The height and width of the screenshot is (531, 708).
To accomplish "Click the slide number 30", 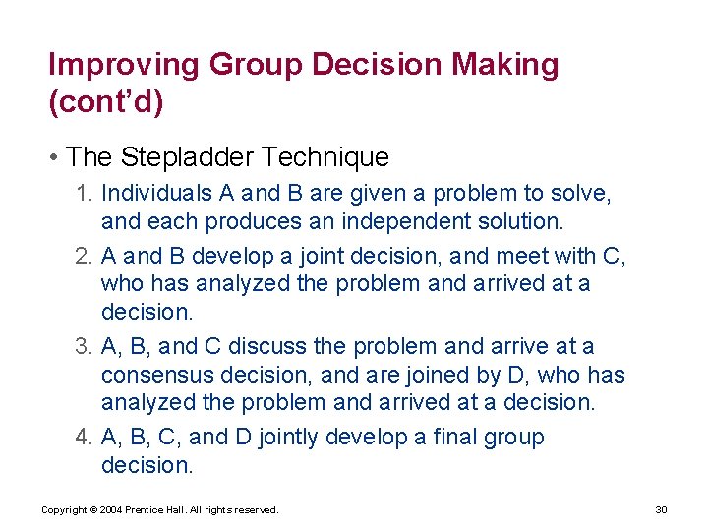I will coord(661,509).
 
